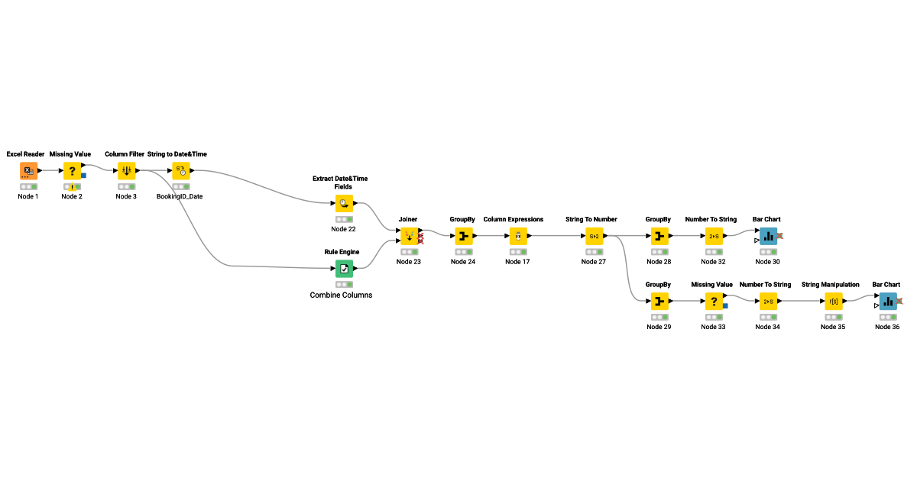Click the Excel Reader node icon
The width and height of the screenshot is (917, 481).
(28, 171)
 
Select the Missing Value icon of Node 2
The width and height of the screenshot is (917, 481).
(73, 171)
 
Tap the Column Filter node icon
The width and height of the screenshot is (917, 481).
(127, 171)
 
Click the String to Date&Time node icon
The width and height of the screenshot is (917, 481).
(181, 171)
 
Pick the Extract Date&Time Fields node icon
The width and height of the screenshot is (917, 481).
(344, 204)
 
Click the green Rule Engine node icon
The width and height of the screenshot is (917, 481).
(344, 269)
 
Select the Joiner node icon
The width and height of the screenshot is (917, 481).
(409, 237)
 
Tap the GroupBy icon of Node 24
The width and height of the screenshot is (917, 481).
(463, 237)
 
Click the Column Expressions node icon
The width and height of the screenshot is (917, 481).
(517, 237)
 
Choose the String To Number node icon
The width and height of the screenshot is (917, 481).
(594, 237)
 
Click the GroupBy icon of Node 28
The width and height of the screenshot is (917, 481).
(658, 237)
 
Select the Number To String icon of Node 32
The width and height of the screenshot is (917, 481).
(714, 237)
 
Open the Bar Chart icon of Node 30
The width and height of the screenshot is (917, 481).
(768, 237)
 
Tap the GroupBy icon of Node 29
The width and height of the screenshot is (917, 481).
(658, 302)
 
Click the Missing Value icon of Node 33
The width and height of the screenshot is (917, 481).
(713, 302)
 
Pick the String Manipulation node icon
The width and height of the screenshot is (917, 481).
(833, 302)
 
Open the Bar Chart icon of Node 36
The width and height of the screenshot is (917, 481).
(887, 302)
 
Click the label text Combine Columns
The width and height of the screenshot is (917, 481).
(341, 295)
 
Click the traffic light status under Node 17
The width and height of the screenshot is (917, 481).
(517, 252)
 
